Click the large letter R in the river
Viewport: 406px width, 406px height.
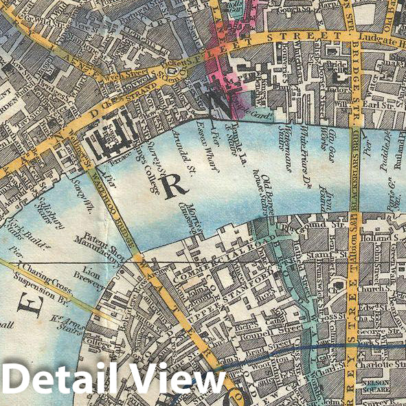pyautogui.click(x=176, y=183)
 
